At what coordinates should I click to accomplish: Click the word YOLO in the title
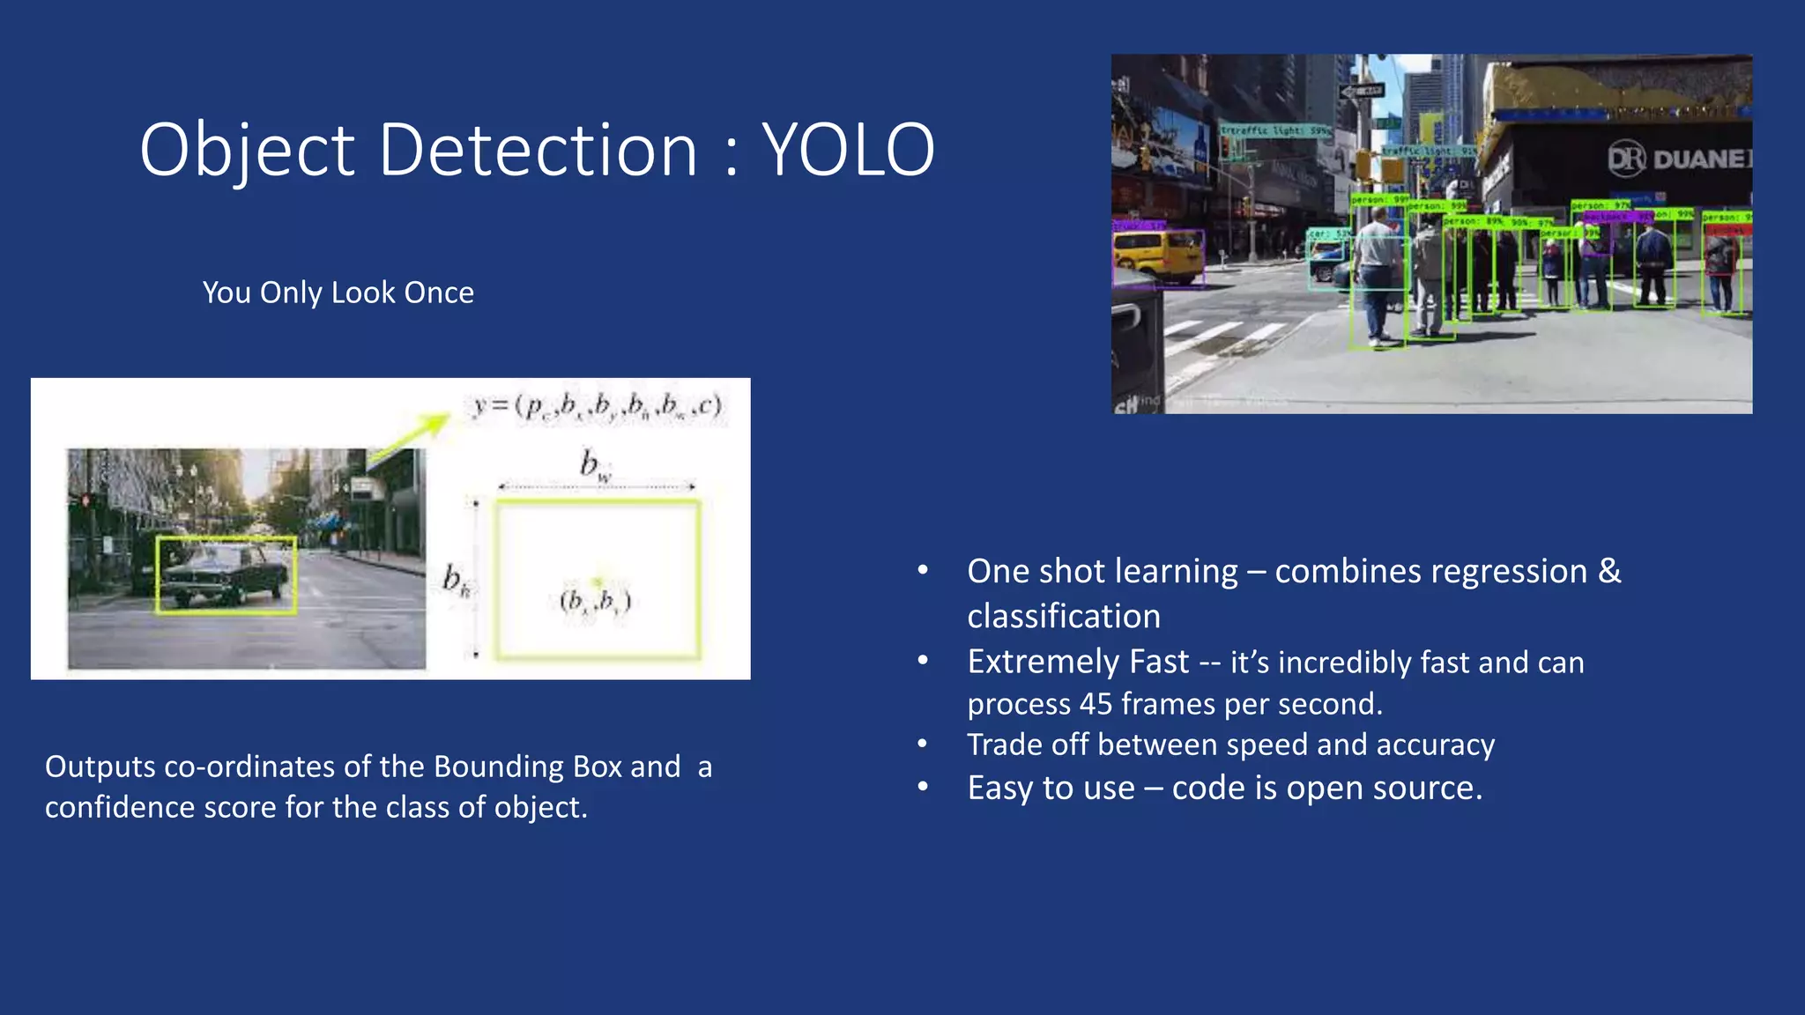click(x=847, y=150)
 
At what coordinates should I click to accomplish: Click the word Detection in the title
click(x=539, y=150)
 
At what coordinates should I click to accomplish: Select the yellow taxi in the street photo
click(x=1155, y=256)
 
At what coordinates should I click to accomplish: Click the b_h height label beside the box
click(x=455, y=580)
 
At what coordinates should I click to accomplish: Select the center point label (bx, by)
click(x=596, y=602)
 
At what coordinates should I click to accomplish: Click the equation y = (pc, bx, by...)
click(x=598, y=406)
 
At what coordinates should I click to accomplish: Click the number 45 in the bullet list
click(x=1096, y=704)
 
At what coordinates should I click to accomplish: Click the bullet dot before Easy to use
click(x=923, y=786)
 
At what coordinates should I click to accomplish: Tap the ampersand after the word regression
click(x=1609, y=571)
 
